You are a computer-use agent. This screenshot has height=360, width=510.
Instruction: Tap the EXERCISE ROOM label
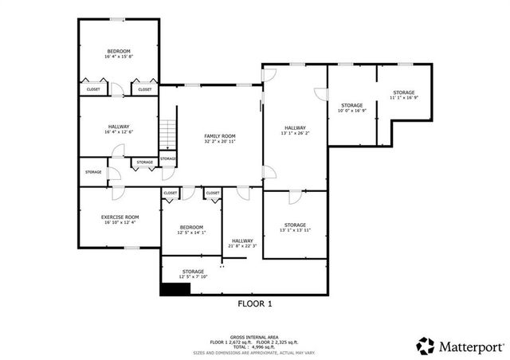[x=120, y=217]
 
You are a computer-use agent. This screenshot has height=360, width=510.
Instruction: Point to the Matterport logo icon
[x=426, y=346]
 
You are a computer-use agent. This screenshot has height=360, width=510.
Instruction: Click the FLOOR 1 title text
[x=255, y=303]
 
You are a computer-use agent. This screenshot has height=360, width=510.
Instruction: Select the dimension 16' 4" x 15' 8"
[x=119, y=57]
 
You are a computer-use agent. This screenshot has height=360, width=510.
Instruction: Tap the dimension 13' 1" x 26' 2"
[x=295, y=134]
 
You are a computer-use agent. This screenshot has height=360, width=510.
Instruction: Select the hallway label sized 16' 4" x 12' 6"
[x=119, y=126]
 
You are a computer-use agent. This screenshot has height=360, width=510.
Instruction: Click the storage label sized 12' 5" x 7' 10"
[x=193, y=272]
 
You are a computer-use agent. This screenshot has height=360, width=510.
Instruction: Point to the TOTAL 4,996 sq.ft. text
[x=254, y=347]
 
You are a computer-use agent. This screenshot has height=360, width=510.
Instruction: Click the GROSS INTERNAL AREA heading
[x=255, y=336]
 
